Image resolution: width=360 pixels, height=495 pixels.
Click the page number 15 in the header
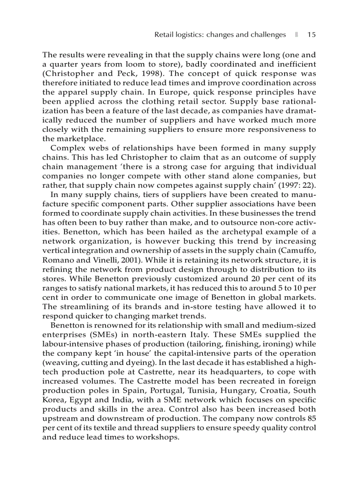[x=311, y=35]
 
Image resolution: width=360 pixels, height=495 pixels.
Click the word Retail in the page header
[x=165, y=35]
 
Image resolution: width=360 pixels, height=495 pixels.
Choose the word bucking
[x=213, y=241]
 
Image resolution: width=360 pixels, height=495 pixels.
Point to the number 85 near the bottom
[x=311, y=418]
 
